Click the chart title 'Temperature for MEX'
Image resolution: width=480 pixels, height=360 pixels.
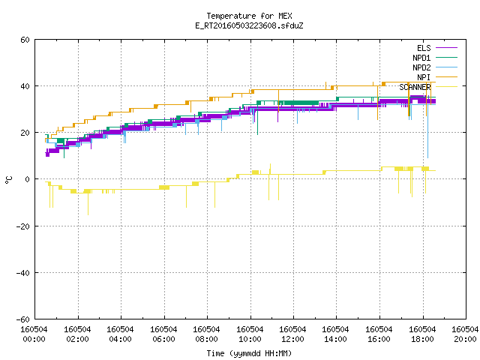click(x=249, y=16)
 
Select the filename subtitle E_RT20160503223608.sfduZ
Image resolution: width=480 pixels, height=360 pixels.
click(x=249, y=25)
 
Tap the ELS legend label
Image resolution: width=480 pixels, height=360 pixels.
click(x=424, y=48)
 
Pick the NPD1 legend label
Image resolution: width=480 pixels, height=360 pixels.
click(x=421, y=58)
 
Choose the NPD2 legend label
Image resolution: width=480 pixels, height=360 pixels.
click(x=421, y=67)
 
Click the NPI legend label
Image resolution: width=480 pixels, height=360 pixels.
click(x=424, y=77)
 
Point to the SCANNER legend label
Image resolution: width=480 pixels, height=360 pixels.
click(x=415, y=87)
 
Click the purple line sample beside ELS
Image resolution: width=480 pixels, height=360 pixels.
click(x=446, y=48)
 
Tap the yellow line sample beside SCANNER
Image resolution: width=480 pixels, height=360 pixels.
click(x=446, y=87)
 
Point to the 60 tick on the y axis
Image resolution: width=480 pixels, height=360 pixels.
click(x=25, y=40)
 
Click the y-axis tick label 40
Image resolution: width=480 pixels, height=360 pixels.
click(x=25, y=86)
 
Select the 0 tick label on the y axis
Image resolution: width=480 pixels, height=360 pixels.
click(x=28, y=179)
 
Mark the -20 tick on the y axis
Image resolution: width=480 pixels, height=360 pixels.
click(x=23, y=226)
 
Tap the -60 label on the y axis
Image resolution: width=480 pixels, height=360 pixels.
click(x=23, y=319)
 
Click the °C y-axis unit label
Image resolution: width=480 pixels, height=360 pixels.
click(x=8, y=180)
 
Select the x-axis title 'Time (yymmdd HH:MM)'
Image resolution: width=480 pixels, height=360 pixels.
click(x=249, y=353)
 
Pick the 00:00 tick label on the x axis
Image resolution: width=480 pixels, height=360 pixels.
click(x=34, y=339)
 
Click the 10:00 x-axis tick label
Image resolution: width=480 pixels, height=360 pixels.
click(x=250, y=339)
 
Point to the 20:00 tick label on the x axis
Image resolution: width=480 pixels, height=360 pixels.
click(x=465, y=339)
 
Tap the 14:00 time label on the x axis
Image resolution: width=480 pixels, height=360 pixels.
click(x=335, y=339)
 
